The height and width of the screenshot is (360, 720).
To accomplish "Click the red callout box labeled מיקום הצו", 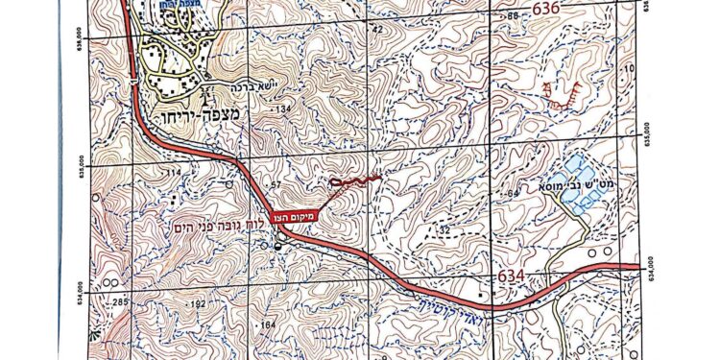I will [x=296, y=218].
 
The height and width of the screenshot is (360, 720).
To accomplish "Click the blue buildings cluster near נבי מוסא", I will [x=584, y=189].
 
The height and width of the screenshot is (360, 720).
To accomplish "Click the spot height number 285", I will [x=119, y=303].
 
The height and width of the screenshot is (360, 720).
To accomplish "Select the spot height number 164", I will [x=266, y=325].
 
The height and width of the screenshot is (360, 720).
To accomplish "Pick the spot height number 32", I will [x=444, y=230].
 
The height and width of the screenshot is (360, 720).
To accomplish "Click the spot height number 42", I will [x=376, y=29].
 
